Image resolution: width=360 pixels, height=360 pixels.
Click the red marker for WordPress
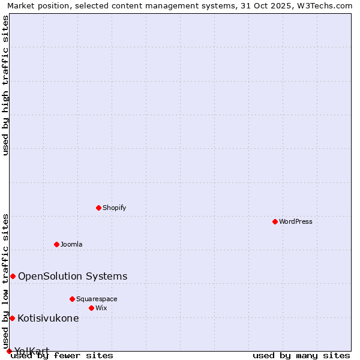coord(275,221)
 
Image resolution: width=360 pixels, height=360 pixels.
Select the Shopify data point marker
coord(98,208)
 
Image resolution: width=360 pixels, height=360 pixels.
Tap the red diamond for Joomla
coord(56,244)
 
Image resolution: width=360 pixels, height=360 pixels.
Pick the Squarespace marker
coord(72,299)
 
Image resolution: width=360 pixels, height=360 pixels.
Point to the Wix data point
coord(91,308)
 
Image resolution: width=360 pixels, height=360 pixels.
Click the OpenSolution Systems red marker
coord(13,276)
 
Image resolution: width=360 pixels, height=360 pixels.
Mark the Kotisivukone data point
coord(12,318)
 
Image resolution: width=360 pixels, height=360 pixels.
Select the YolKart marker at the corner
coord(9,351)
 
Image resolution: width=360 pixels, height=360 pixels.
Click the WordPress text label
coord(296,221)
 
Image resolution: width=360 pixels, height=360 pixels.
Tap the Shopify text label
coord(114,208)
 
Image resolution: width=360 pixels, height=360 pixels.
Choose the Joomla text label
coord(71,244)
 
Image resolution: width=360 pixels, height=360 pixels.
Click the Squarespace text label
coord(97,299)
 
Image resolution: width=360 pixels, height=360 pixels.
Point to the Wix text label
coord(101,308)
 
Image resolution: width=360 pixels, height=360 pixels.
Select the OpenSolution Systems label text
coord(73,276)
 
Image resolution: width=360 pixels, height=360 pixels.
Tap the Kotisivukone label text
coord(48,318)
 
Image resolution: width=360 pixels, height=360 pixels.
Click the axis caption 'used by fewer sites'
coord(62,355)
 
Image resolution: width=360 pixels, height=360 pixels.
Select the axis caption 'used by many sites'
coord(301,355)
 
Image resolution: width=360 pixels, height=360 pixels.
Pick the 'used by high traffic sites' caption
coord(5,85)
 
